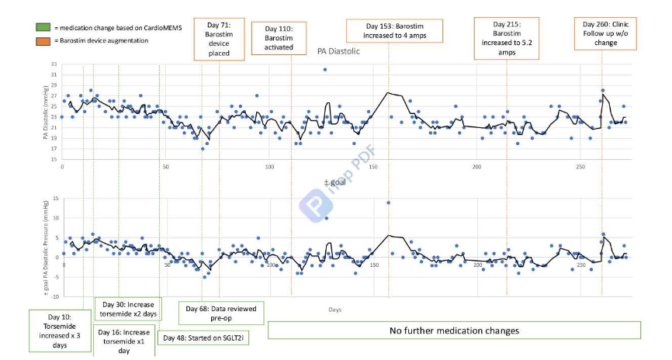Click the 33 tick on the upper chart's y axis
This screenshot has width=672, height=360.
[54, 64]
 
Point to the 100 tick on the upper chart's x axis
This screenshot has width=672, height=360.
[269, 167]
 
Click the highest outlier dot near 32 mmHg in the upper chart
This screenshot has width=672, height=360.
[325, 70]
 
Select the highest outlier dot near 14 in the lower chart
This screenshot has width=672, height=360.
[388, 203]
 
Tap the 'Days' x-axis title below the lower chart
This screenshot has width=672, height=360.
[334, 309]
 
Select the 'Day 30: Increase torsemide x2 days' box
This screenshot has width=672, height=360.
[128, 307]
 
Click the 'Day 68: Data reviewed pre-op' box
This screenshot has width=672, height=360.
[222, 313]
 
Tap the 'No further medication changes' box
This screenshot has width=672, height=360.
[454, 331]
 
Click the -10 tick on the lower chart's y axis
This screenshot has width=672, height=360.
[54, 296]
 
